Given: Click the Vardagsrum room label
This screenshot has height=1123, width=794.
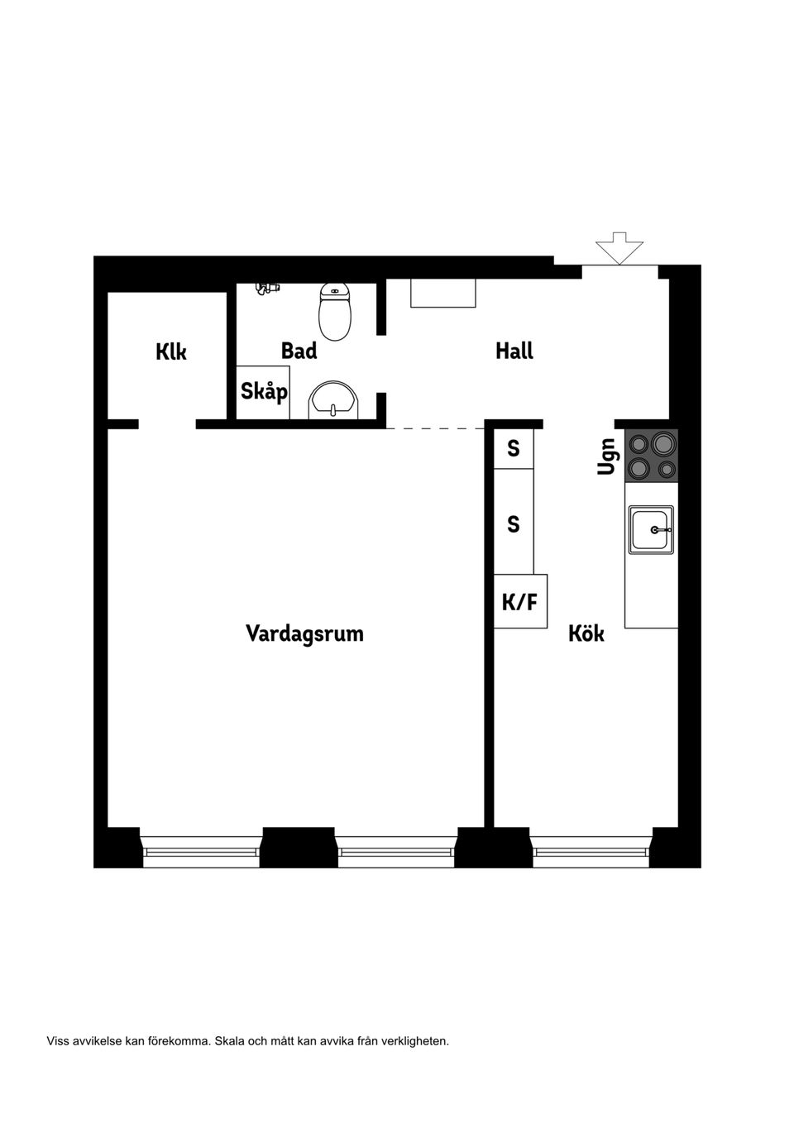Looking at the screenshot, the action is click(304, 633).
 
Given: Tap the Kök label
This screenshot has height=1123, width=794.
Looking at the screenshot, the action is click(586, 633).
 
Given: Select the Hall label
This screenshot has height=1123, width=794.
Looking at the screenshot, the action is click(514, 351).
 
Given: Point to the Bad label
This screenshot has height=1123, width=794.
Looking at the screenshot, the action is click(299, 351).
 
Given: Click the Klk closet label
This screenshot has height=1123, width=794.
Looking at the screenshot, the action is click(171, 351).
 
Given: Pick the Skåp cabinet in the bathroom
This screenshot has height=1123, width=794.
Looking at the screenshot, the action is click(263, 392).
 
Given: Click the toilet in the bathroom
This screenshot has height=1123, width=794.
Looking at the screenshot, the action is click(335, 311).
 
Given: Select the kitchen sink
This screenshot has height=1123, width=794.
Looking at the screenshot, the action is click(651, 530).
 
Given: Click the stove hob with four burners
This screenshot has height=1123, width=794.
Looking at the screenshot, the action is click(652, 455).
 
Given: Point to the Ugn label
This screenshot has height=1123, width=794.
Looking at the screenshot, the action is click(605, 456).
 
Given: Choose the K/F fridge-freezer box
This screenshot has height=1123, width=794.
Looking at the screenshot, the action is click(520, 601).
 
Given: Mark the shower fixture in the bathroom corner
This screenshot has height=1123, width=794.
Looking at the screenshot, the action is click(268, 287).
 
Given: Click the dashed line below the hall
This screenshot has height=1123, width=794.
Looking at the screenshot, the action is click(435, 428).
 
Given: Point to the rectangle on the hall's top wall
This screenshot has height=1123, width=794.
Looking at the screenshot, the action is click(442, 293).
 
